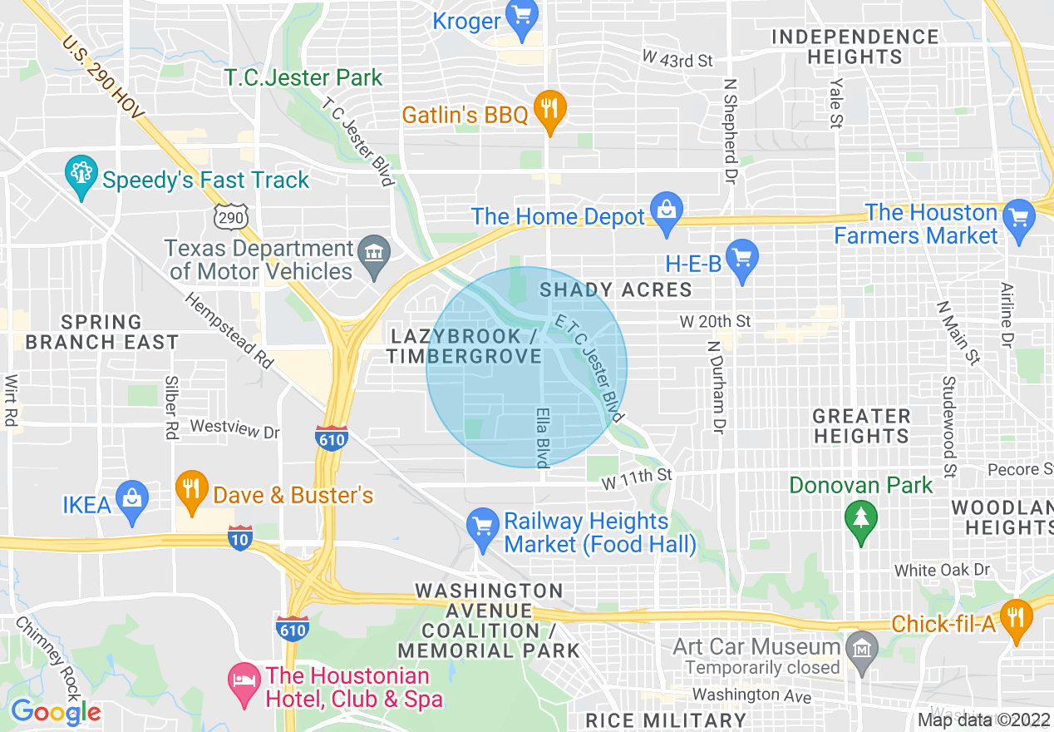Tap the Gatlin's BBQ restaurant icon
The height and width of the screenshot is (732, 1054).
tap(549, 110)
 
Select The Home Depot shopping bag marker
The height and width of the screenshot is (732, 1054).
tap(667, 210)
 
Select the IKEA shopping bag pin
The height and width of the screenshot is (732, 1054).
tap(132, 501)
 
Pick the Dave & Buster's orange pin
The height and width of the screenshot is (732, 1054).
tap(192, 491)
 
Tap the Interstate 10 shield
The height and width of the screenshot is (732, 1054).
tap(239, 538)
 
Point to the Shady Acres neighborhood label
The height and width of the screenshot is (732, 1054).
tap(615, 289)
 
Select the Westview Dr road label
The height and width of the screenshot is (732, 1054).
tap(235, 430)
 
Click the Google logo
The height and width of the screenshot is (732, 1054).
tap(56, 712)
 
